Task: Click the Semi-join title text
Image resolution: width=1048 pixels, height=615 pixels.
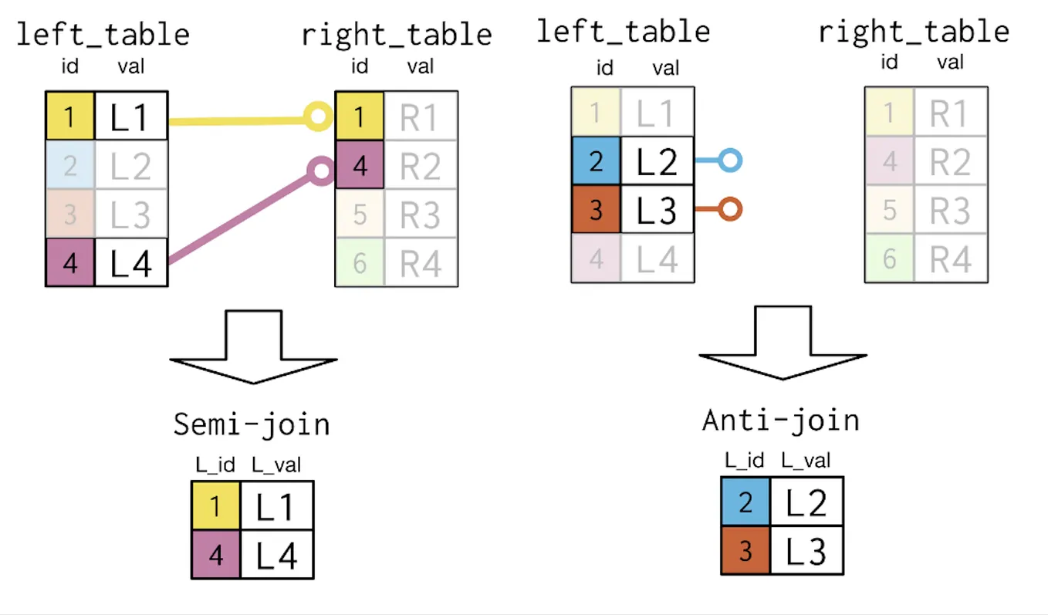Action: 251,425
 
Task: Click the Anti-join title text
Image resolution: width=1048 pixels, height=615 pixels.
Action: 780,421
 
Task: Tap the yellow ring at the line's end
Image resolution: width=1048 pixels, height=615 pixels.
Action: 316,117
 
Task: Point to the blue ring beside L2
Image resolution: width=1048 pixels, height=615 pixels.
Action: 729,161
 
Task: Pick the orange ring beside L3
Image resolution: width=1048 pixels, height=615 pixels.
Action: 729,209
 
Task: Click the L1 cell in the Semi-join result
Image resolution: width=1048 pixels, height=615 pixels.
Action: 276,505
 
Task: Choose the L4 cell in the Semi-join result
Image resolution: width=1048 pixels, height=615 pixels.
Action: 276,554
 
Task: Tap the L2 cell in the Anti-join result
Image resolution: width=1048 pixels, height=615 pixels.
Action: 806,502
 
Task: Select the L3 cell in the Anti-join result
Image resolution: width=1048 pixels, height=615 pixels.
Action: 806,550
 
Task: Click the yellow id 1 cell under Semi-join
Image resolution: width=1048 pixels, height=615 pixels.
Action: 216,505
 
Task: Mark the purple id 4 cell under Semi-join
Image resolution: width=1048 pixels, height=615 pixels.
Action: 216,554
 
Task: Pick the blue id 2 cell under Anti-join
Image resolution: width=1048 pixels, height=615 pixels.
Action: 745,502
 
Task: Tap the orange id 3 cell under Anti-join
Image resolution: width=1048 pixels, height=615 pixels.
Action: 745,550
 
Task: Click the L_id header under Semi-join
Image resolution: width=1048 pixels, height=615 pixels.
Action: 215,465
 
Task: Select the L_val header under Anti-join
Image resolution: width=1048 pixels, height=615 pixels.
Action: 806,461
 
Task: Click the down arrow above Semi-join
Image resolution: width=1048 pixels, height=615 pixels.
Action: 253,347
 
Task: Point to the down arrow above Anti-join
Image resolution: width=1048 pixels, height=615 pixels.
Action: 782,343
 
